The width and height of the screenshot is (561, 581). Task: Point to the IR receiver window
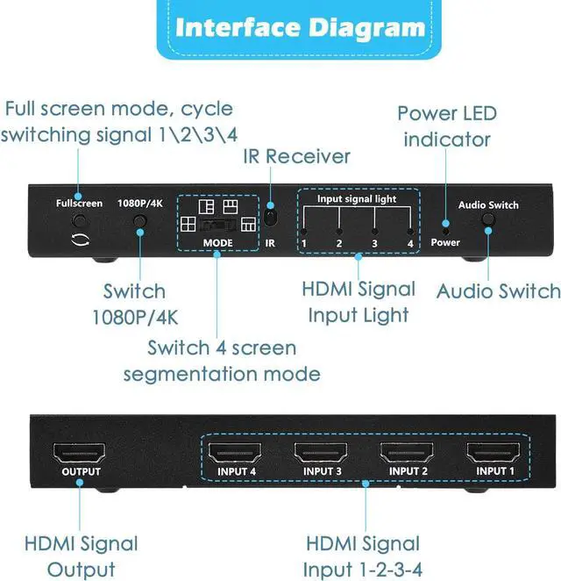coord(271,216)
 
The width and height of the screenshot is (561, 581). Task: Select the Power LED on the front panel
coord(445,229)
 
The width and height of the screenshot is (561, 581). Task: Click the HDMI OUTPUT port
coord(80,453)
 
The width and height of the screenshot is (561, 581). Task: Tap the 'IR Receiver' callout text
coord(296,156)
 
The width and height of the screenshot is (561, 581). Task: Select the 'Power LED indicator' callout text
coord(446,126)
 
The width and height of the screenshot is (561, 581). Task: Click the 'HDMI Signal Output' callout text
coord(81,555)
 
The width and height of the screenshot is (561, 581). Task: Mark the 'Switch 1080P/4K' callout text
coord(134,302)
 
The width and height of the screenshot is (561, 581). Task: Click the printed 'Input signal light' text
coord(356,199)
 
